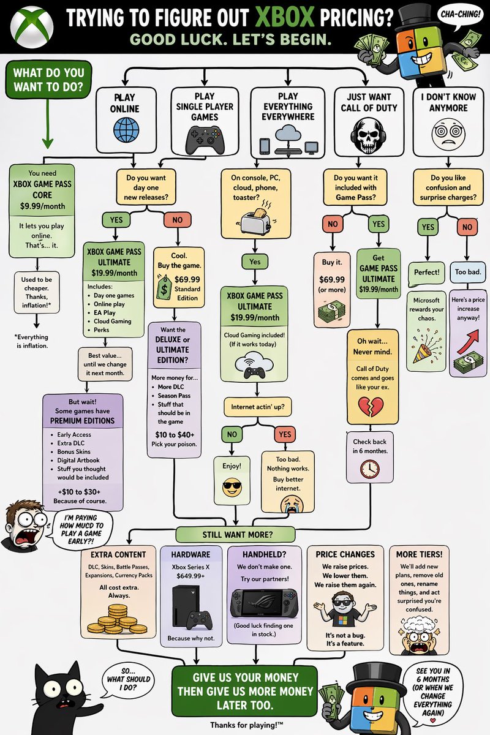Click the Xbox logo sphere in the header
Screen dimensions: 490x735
tap(31, 27)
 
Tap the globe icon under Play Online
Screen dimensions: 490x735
tap(126, 130)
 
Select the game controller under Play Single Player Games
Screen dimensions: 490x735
tap(205, 140)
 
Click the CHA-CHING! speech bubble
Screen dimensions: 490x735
tap(461, 15)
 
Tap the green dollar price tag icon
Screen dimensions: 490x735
tap(164, 287)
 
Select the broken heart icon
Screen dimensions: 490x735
tap(371, 406)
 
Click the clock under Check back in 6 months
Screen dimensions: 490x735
tap(370, 469)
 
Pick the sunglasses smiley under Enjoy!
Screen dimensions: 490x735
tap(232, 486)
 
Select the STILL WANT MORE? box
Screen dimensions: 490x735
tap(235, 535)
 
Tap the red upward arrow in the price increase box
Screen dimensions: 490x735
tap(469, 341)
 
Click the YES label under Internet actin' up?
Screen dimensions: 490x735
tap(285, 434)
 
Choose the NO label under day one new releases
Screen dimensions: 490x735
tap(177, 219)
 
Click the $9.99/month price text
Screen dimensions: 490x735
tap(42, 206)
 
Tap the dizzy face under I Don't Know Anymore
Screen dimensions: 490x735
tap(448, 135)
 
